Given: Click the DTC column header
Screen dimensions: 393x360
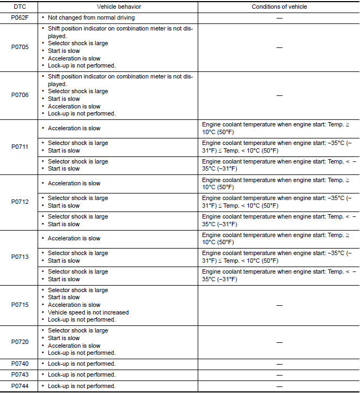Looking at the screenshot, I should [x=20, y=7].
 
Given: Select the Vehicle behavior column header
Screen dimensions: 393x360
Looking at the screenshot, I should [x=118, y=7].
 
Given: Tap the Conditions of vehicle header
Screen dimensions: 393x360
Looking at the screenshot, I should [x=279, y=7].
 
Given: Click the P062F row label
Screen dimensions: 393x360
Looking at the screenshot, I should [x=20, y=18].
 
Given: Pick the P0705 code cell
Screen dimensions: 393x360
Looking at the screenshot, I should [x=20, y=47].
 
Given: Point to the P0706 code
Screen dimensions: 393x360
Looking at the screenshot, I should [x=20, y=95].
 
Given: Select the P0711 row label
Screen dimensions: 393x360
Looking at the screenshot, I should [x=20, y=147].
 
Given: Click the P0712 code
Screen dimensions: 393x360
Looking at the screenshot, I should [x=20, y=202].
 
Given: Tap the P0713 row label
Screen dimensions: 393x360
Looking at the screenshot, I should [x=20, y=257].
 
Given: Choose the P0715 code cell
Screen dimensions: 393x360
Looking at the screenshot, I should [x=20, y=305].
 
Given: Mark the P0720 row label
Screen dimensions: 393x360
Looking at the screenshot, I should [x=20, y=342].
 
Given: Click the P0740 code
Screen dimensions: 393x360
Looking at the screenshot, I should [x=20, y=364].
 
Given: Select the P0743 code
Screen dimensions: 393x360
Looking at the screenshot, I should [x=20, y=374].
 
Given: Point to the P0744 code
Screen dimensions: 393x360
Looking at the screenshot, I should [x=20, y=386].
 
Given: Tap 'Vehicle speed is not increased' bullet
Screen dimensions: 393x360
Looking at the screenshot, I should [x=88, y=312].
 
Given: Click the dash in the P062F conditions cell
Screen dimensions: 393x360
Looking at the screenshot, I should [x=279, y=18].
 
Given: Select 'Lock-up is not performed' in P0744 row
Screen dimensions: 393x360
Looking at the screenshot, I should [x=82, y=386].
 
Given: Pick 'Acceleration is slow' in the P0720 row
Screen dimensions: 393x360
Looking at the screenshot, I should [x=74, y=346].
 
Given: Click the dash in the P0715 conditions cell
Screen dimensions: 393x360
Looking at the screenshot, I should [x=279, y=305].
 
